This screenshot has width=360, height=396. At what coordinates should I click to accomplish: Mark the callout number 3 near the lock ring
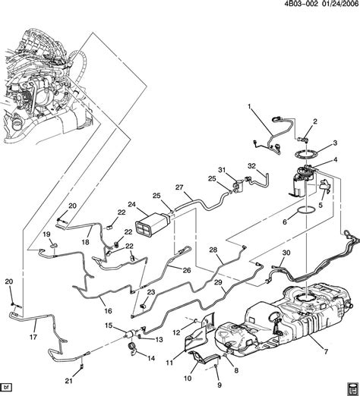pos(332,143)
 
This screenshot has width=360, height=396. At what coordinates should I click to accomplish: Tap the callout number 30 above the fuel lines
pos(286,253)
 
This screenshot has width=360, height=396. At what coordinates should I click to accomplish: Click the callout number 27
pos(180,187)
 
